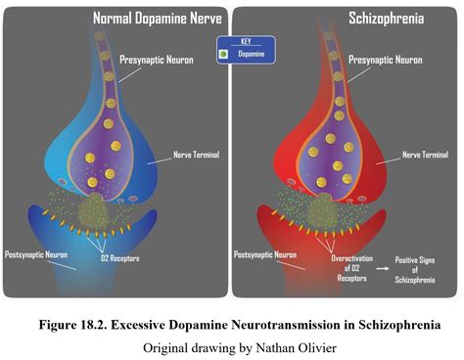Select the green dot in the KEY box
(x=225, y=55)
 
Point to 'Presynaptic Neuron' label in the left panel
(x=157, y=60)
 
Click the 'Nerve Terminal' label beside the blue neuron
(x=197, y=154)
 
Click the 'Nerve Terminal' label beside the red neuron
(x=424, y=154)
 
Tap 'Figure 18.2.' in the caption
(x=81, y=325)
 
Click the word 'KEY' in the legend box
(x=246, y=42)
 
